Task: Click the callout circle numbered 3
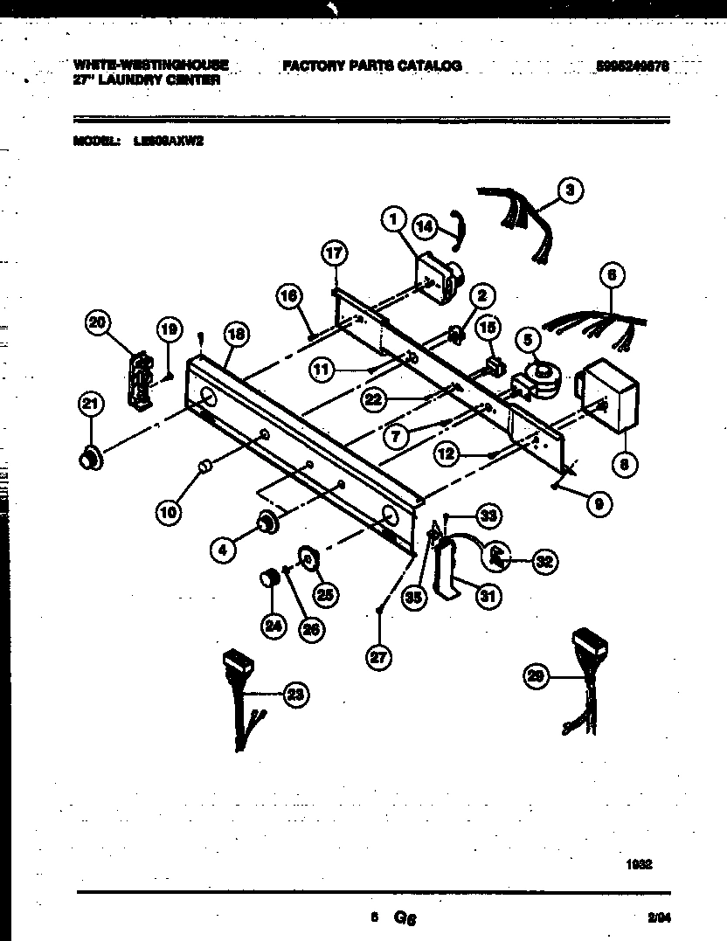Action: pyautogui.click(x=571, y=190)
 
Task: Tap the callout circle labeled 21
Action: pyautogui.click(x=90, y=404)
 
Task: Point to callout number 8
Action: pyautogui.click(x=624, y=465)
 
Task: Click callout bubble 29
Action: pyautogui.click(x=537, y=675)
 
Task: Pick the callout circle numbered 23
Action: pyautogui.click(x=296, y=695)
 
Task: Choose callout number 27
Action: pyautogui.click(x=377, y=659)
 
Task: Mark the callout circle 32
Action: pyautogui.click(x=544, y=562)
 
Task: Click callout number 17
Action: pyautogui.click(x=335, y=254)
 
